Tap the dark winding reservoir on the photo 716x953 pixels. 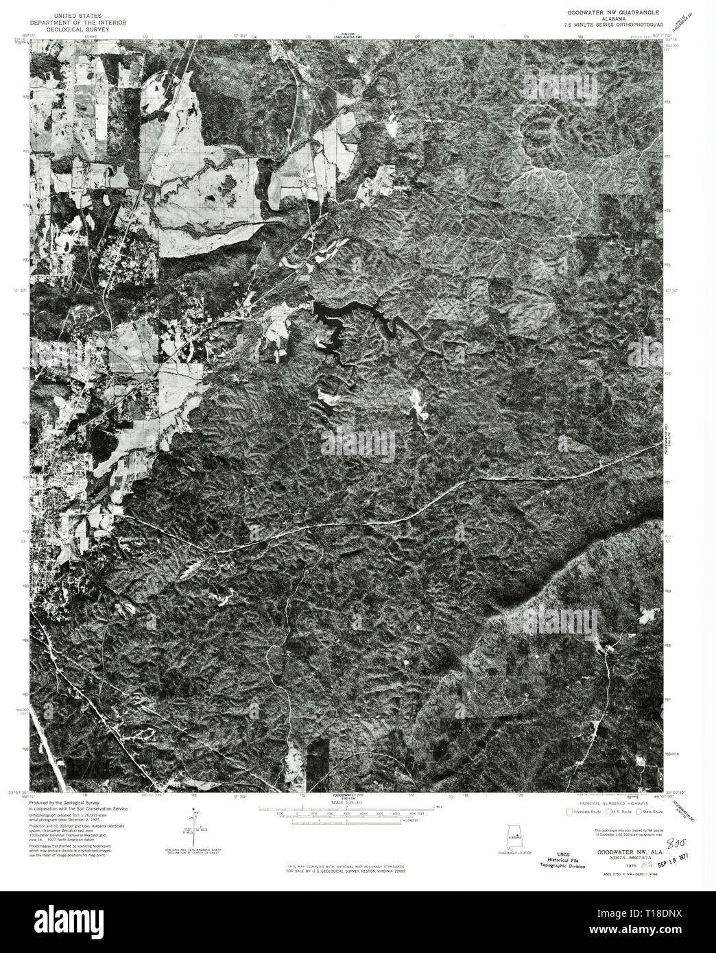(x=350, y=315)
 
